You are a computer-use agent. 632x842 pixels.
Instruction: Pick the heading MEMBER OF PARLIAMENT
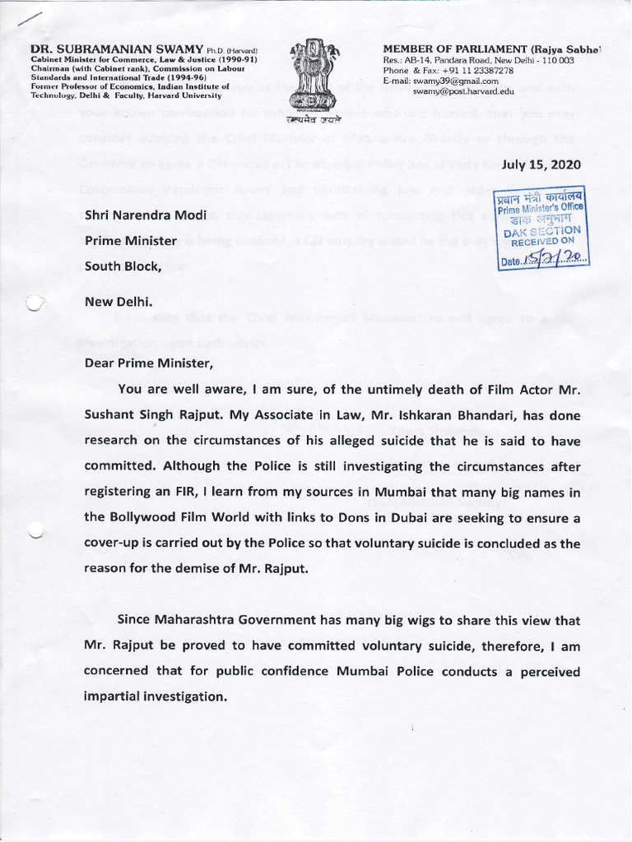pos(476,50)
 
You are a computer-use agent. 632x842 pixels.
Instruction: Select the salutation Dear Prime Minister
pos(148,363)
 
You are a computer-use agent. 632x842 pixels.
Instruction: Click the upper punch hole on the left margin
pos(34,304)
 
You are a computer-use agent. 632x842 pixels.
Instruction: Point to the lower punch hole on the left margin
pos(34,532)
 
